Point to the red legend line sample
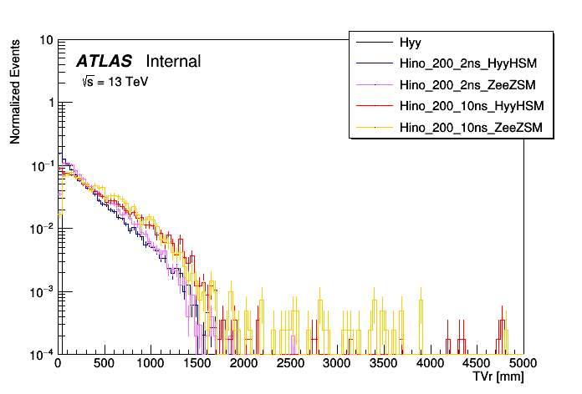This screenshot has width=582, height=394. (375, 106)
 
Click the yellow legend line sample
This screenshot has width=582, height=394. (375, 128)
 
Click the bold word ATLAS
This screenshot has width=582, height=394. (104, 61)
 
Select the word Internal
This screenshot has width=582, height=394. (173, 61)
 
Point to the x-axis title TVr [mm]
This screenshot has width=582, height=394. (498, 378)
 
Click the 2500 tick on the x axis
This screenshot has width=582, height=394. (290, 365)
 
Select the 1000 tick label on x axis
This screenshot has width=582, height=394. (150, 365)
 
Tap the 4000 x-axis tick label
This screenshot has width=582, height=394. (430, 365)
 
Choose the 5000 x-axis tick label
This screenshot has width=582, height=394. (523, 365)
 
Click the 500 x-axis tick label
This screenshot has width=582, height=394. (104, 365)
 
